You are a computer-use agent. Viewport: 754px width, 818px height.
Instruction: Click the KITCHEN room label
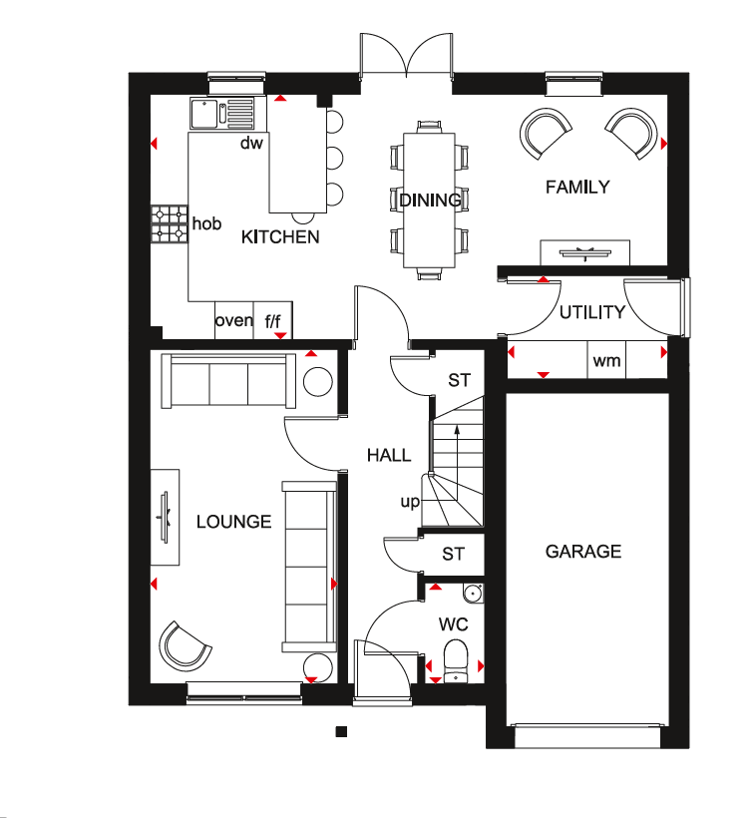pyautogui.click(x=280, y=237)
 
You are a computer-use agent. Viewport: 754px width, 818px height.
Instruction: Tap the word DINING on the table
pyautogui.click(x=430, y=201)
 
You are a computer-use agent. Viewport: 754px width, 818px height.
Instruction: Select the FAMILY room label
pyautogui.click(x=577, y=187)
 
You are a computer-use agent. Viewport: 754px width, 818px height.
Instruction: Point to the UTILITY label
pyautogui.click(x=592, y=312)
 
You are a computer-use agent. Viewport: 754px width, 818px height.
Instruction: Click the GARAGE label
pyautogui.click(x=583, y=552)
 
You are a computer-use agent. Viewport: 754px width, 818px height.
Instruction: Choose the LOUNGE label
pyautogui.click(x=233, y=522)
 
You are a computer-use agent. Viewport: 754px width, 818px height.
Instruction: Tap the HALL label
pyautogui.click(x=389, y=455)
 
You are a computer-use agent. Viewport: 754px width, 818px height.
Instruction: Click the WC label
pyautogui.click(x=453, y=623)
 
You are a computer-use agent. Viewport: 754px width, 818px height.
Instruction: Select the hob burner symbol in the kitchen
pyautogui.click(x=170, y=223)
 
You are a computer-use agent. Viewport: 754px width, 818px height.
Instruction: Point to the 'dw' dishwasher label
pyautogui.click(x=251, y=143)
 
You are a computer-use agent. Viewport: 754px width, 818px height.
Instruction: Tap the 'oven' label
pyautogui.click(x=233, y=320)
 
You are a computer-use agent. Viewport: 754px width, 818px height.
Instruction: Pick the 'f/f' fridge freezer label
pyautogui.click(x=272, y=321)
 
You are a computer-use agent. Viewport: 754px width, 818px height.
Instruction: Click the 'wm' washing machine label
pyautogui.click(x=606, y=360)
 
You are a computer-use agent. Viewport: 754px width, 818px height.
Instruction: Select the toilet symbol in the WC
pyautogui.click(x=456, y=661)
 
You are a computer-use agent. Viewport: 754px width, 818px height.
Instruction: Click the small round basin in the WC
pyautogui.click(x=473, y=593)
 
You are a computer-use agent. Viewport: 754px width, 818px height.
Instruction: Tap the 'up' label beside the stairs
pyautogui.click(x=410, y=502)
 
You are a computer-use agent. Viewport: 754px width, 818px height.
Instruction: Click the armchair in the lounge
pyautogui.click(x=185, y=646)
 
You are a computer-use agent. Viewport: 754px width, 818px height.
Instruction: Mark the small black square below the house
pyautogui.click(x=341, y=731)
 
